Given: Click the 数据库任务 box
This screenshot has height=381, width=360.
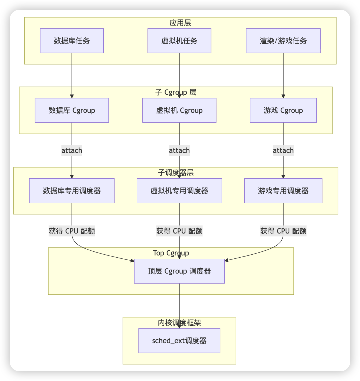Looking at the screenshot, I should [x=72, y=41].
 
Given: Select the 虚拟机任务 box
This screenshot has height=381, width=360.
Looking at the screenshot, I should [x=179, y=41].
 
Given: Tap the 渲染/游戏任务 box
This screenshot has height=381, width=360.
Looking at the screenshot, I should [x=283, y=41].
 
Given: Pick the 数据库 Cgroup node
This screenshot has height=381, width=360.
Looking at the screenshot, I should [x=72, y=110].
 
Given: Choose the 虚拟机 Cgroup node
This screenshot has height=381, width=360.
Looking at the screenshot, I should [x=179, y=110].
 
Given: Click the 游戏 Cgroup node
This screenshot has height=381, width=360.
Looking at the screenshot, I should [x=283, y=110].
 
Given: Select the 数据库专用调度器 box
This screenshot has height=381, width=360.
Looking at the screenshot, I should [x=72, y=191].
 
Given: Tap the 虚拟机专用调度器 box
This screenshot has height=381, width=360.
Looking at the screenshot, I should [x=179, y=191].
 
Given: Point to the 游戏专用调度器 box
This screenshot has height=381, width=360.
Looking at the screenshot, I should [x=283, y=191].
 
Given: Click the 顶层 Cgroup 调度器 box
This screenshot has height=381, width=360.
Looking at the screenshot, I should [x=179, y=271].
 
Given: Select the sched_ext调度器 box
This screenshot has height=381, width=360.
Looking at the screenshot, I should [x=179, y=341].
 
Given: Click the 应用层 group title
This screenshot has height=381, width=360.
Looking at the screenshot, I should [x=180, y=23].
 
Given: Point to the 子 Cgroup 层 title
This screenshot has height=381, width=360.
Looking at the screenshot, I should [x=176, y=92].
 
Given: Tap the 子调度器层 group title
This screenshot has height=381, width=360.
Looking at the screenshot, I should [x=176, y=173].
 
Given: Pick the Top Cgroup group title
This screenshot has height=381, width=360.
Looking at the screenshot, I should [x=171, y=253].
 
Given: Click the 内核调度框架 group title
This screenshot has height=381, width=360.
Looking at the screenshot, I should [x=179, y=323].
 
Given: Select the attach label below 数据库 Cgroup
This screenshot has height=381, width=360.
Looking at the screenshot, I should [x=72, y=150].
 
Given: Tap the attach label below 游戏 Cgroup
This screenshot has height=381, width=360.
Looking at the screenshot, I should [x=283, y=150].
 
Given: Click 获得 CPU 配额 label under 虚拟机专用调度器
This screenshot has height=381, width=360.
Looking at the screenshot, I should [x=179, y=231].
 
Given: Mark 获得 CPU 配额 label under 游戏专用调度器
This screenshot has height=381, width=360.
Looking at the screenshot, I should [x=283, y=231].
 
